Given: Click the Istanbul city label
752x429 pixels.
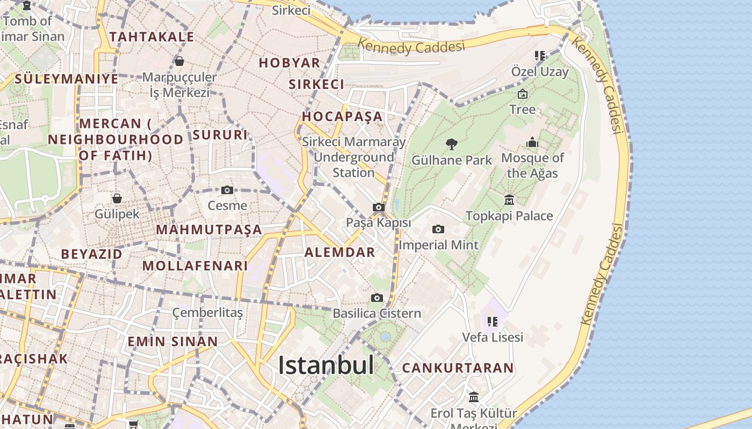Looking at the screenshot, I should [x=326, y=366].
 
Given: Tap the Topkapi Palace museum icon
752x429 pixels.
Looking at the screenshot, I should [x=509, y=200].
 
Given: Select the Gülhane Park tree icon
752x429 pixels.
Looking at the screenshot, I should [x=452, y=144].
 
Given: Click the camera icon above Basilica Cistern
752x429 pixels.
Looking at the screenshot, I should [x=377, y=298].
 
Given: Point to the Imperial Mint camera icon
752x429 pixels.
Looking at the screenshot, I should [x=438, y=229].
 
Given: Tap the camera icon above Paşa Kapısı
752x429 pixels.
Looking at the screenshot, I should [x=379, y=207].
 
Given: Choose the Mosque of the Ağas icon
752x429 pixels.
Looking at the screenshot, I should [x=532, y=142].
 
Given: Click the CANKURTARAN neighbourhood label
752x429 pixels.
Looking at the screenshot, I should [x=458, y=368].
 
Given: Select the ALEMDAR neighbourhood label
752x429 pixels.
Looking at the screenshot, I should [x=340, y=253].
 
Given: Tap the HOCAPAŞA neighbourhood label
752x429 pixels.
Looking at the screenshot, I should [x=342, y=116].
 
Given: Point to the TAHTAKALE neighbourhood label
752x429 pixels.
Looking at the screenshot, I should [x=151, y=36].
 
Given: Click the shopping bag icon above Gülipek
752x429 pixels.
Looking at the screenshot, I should [x=117, y=198].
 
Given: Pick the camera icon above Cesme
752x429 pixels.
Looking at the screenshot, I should [x=227, y=190].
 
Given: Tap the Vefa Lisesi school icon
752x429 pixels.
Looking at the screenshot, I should [x=493, y=322].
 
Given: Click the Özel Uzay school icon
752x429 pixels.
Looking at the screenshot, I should [x=539, y=56].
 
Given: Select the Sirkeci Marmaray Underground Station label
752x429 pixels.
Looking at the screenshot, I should [x=353, y=157].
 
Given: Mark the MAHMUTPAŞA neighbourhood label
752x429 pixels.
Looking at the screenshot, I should [x=209, y=230].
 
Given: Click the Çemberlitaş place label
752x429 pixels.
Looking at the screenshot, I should [x=207, y=312].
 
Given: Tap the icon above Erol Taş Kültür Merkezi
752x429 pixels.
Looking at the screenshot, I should [x=474, y=397].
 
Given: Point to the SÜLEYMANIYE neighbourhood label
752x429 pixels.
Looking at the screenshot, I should [x=66, y=79].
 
